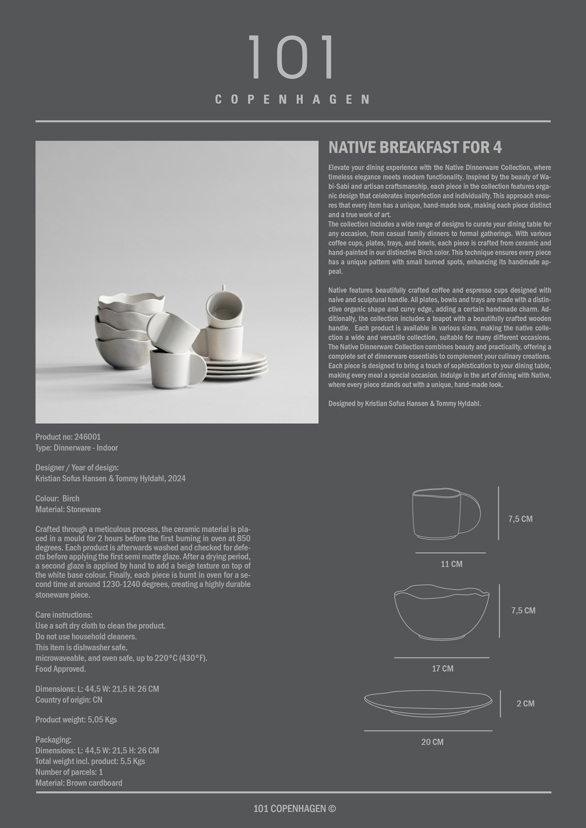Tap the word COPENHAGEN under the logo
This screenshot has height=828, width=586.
pyautogui.click(x=293, y=99)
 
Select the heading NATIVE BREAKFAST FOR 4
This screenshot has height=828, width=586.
pyautogui.click(x=415, y=148)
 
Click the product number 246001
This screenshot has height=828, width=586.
pyautogui.click(x=87, y=437)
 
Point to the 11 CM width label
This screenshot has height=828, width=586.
pyautogui.click(x=451, y=564)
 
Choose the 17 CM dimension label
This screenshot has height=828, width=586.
pyautogui.click(x=442, y=668)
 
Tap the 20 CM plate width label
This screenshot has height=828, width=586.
pyautogui.click(x=432, y=742)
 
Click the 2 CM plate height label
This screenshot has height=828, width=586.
pyautogui.click(x=525, y=703)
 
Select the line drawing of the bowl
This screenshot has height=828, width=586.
pyautogui.click(x=442, y=613)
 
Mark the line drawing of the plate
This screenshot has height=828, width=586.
pyautogui.click(x=428, y=703)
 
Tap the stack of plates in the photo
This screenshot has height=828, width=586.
pyautogui.click(x=237, y=365)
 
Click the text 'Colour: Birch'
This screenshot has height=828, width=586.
pyautogui.click(x=57, y=498)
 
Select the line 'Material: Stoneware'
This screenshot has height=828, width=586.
pyautogui.click(x=68, y=509)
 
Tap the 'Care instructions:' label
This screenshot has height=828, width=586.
pyautogui.click(x=64, y=615)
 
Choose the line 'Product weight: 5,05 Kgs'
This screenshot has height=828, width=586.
pyautogui.click(x=76, y=720)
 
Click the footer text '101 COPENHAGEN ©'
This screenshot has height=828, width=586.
pyautogui.click(x=294, y=809)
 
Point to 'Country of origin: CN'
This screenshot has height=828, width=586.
pyautogui.click(x=69, y=700)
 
